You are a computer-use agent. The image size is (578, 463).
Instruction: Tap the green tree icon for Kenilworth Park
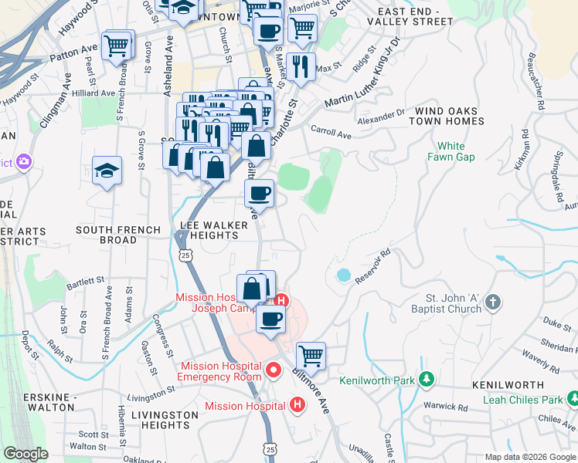[425, 380]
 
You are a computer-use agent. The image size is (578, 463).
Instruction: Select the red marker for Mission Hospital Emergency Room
[272, 371]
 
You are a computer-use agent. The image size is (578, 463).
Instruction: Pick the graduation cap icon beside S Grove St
[107, 171]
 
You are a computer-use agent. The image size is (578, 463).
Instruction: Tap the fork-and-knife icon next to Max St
[301, 66]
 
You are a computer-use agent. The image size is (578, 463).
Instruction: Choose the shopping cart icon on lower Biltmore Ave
[311, 357]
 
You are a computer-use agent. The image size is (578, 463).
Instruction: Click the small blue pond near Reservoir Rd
[343, 275]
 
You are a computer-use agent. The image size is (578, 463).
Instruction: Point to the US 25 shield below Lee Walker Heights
[183, 254]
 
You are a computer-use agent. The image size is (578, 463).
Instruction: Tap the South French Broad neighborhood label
[118, 235]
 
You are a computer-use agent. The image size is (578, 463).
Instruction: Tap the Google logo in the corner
[25, 454]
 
